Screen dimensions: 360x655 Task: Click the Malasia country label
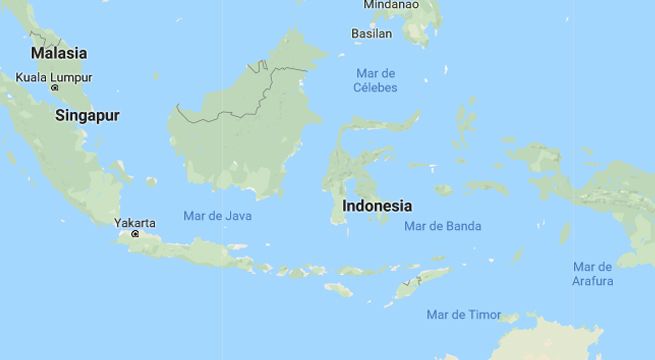59,53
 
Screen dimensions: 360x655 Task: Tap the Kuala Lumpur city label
54,77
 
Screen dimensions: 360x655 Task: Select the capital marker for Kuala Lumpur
55,88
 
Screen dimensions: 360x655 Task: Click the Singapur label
87,115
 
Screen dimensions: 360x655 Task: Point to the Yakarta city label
135,223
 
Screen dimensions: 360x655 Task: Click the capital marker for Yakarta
135,234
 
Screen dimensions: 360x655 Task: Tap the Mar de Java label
218,215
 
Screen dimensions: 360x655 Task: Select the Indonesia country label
377,206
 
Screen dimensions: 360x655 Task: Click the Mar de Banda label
442,226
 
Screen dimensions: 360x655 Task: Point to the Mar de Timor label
463,314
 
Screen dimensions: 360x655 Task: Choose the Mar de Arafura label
592,273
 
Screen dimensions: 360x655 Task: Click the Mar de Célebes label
376,80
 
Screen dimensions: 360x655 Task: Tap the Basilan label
371,34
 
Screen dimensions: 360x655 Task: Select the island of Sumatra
70,160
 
